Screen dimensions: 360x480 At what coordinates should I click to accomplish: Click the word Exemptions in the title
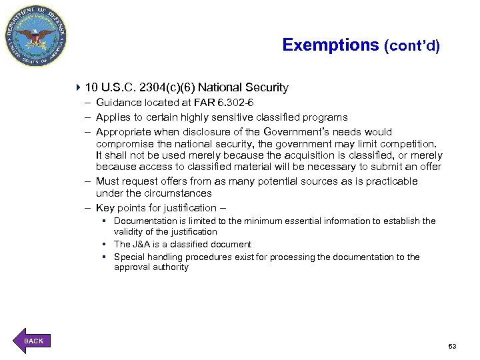pos(330,45)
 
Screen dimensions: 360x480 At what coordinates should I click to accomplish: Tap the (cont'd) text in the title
pos(411,47)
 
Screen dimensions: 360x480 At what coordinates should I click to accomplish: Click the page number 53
pos(452,346)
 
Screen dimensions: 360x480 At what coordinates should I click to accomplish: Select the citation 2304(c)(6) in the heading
pos(164,87)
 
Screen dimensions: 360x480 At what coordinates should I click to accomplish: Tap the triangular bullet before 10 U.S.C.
pos(79,87)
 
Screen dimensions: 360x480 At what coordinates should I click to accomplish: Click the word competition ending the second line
pos(407,144)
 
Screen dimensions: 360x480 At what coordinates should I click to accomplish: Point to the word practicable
pos(389,181)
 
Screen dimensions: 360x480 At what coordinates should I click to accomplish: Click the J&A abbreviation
pos(143,245)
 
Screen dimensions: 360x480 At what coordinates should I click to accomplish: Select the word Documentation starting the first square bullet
pos(144,221)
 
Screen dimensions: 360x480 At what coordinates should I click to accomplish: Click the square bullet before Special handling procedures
pos(105,257)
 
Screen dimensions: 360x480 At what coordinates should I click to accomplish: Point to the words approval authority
pos(151,267)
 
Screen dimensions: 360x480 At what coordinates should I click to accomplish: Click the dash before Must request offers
pos(87,181)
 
